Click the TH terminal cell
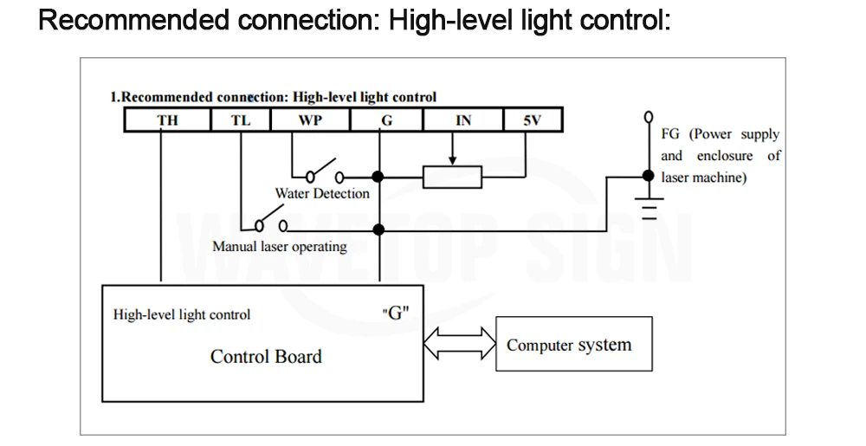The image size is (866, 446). pos(167,120)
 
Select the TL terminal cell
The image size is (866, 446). pos(241,120)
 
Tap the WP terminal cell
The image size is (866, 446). pos(310,120)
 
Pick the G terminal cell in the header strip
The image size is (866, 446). pos(386,120)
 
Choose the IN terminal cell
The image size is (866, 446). pos(463,120)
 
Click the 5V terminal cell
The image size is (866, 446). pos(533,120)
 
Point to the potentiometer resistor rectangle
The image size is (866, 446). pos(452,178)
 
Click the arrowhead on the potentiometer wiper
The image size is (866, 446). pos(452,160)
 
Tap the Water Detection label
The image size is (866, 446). pos(322,193)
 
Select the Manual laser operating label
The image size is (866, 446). pos(280,246)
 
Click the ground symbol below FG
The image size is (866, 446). pos(649,208)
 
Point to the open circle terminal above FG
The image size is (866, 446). pos(649,117)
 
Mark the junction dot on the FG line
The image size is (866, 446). pos(649,176)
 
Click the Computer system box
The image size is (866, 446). pos(574,344)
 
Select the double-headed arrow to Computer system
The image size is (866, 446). pos(460,343)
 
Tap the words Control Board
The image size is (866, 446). pos(266,357)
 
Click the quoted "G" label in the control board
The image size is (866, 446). pos(396,313)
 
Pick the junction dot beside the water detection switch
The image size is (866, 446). pos(378,177)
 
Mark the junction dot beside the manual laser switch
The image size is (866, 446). pos(378,229)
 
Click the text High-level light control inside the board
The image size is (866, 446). pos(182,314)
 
